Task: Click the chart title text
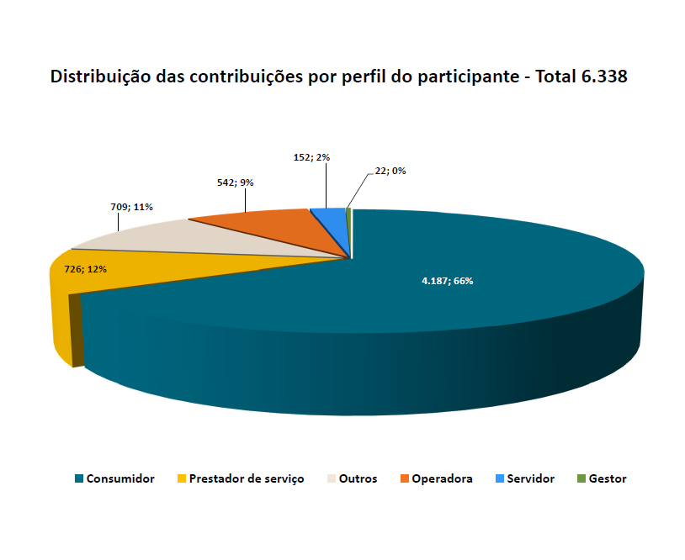pyautogui.click(x=339, y=77)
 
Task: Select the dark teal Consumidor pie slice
pyautogui.click(x=471, y=320)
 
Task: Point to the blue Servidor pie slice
pyautogui.click(x=331, y=220)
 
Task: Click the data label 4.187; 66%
pyautogui.click(x=447, y=281)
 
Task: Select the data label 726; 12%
pyautogui.click(x=85, y=269)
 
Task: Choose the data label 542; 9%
pyautogui.click(x=235, y=182)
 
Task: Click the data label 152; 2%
pyautogui.click(x=311, y=157)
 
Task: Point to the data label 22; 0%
pyautogui.click(x=390, y=171)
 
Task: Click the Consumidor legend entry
pyautogui.click(x=120, y=478)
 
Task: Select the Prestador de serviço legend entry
pyautogui.click(x=247, y=478)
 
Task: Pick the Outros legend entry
pyautogui.click(x=358, y=478)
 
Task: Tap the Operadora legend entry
pyautogui.click(x=442, y=478)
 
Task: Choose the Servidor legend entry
pyautogui.click(x=530, y=478)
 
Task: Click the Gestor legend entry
pyautogui.click(x=608, y=478)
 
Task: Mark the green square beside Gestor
pyautogui.click(x=581, y=478)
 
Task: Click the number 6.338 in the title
pyautogui.click(x=604, y=77)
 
